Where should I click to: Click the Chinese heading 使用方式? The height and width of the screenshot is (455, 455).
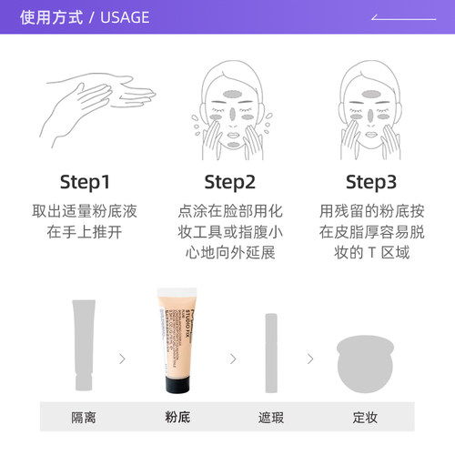point(51,17)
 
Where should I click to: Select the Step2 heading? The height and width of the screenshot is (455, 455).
point(229,182)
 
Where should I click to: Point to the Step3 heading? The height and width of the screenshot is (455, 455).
point(371,182)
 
